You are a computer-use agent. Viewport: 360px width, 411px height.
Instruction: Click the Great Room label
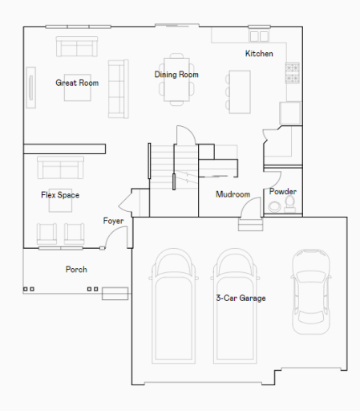click(x=77, y=83)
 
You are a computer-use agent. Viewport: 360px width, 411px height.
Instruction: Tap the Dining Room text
click(x=176, y=75)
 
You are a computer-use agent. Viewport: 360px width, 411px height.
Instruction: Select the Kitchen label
click(x=259, y=54)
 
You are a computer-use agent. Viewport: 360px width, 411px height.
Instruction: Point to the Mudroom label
click(x=233, y=194)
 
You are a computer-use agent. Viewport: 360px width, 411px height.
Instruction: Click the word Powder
click(x=283, y=192)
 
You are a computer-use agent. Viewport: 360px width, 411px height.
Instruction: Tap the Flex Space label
click(x=60, y=195)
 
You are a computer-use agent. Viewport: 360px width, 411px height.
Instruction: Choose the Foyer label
click(x=113, y=221)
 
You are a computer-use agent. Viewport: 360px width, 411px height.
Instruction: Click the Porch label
click(x=76, y=270)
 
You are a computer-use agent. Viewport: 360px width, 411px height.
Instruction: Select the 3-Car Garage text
click(x=241, y=298)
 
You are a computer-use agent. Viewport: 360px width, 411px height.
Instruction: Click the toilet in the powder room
click(x=289, y=205)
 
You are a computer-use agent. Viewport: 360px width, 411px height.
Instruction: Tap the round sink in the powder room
click(x=274, y=207)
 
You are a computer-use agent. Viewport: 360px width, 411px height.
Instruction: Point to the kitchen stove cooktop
click(x=293, y=73)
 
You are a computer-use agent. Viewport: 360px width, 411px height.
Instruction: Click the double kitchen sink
click(x=259, y=36)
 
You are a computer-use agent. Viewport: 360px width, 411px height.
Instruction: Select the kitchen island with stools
click(x=238, y=92)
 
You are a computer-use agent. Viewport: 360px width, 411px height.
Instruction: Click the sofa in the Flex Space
click(x=60, y=168)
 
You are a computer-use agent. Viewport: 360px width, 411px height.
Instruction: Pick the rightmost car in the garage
click(x=311, y=291)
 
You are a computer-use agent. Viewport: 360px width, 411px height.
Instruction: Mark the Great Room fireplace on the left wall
click(x=31, y=87)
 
